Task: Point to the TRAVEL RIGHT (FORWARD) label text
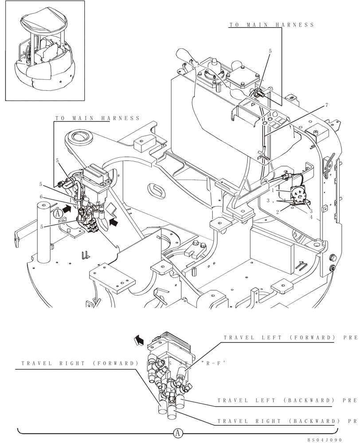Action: click(80, 364)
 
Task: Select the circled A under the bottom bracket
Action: click(177, 432)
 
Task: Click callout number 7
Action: click(326, 105)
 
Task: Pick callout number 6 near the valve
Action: click(54, 197)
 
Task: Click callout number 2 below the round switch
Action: click(277, 212)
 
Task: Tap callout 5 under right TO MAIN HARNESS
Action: click(270, 51)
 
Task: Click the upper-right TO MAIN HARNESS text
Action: click(271, 25)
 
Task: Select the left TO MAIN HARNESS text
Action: click(97, 118)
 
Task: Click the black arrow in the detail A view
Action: click(139, 340)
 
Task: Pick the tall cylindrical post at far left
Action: click(44, 233)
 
